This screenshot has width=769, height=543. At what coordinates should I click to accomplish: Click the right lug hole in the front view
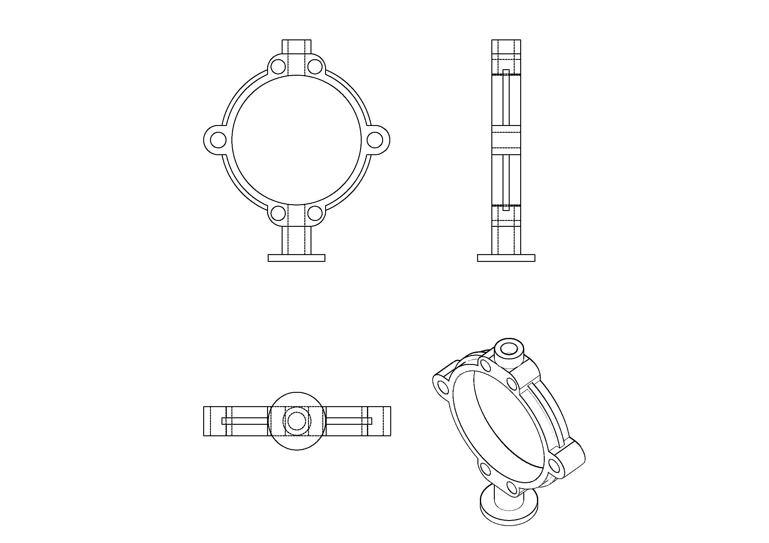[375, 140]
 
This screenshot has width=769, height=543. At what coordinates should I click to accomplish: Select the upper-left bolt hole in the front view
[278, 67]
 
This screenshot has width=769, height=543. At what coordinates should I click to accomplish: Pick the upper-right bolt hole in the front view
[315, 67]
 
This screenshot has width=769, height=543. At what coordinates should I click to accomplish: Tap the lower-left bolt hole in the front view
[278, 213]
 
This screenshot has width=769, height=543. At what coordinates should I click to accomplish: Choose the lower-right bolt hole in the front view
[315, 213]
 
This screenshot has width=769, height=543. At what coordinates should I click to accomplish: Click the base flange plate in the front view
[297, 258]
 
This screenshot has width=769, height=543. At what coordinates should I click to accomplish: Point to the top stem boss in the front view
[297, 47]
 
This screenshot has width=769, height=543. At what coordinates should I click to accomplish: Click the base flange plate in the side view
[506, 258]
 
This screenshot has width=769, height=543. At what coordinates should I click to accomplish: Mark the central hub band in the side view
[506, 140]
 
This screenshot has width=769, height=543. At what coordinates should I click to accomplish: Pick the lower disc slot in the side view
[506, 182]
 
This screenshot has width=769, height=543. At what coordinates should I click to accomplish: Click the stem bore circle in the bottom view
[297, 421]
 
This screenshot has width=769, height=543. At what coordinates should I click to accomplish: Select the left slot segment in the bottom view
[245, 421]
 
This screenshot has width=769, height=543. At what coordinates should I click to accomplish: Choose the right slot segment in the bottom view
[348, 421]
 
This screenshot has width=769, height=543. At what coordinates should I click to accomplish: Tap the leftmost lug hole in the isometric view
[444, 388]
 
